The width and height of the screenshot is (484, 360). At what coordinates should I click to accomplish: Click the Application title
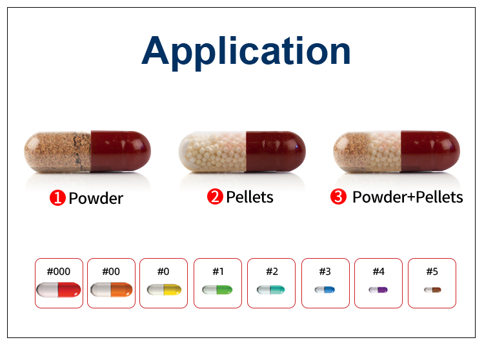246,52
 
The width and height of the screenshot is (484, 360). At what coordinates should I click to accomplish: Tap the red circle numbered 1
57,197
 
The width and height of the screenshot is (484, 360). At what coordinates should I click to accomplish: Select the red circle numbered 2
215,197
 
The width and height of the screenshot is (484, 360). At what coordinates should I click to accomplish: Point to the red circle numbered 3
338,197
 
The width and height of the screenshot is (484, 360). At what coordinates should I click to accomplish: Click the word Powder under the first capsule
96,198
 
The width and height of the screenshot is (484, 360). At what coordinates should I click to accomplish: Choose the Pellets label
250,197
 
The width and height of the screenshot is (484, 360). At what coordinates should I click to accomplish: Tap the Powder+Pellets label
408,197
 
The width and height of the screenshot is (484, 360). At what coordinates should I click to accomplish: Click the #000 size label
59,272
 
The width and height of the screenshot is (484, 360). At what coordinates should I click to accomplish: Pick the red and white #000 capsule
59,290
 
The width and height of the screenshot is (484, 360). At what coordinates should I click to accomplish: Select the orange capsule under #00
112,290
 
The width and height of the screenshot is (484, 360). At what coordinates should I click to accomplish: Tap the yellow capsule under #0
164,290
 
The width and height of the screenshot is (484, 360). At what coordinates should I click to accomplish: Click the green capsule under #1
217,290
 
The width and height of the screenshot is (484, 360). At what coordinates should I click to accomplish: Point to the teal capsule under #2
270,290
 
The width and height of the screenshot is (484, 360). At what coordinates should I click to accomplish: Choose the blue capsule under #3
325,290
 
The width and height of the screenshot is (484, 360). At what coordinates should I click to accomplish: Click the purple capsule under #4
378,290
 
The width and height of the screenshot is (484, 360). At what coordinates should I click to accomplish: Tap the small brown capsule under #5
432,290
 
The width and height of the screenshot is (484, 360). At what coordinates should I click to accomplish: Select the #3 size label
325,272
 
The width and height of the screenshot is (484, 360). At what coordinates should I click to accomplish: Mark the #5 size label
432,272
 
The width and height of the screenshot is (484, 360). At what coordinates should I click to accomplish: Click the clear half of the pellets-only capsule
212,152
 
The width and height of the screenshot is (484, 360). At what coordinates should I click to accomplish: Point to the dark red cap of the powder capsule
121,151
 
